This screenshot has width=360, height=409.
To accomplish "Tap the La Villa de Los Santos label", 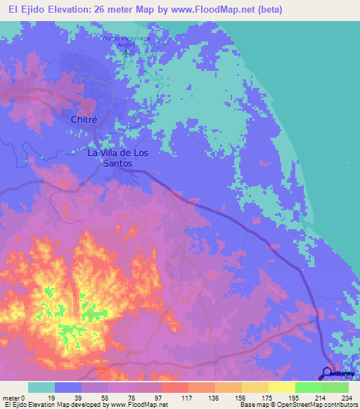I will [110, 157].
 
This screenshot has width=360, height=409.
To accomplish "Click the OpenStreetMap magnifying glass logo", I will [328, 372].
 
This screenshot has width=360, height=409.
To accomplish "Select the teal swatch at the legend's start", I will [41, 387].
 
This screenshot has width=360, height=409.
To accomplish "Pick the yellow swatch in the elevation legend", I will [281, 387].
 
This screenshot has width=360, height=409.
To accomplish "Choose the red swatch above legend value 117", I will [174, 387].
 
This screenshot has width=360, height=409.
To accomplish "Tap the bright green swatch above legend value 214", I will [308, 387].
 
